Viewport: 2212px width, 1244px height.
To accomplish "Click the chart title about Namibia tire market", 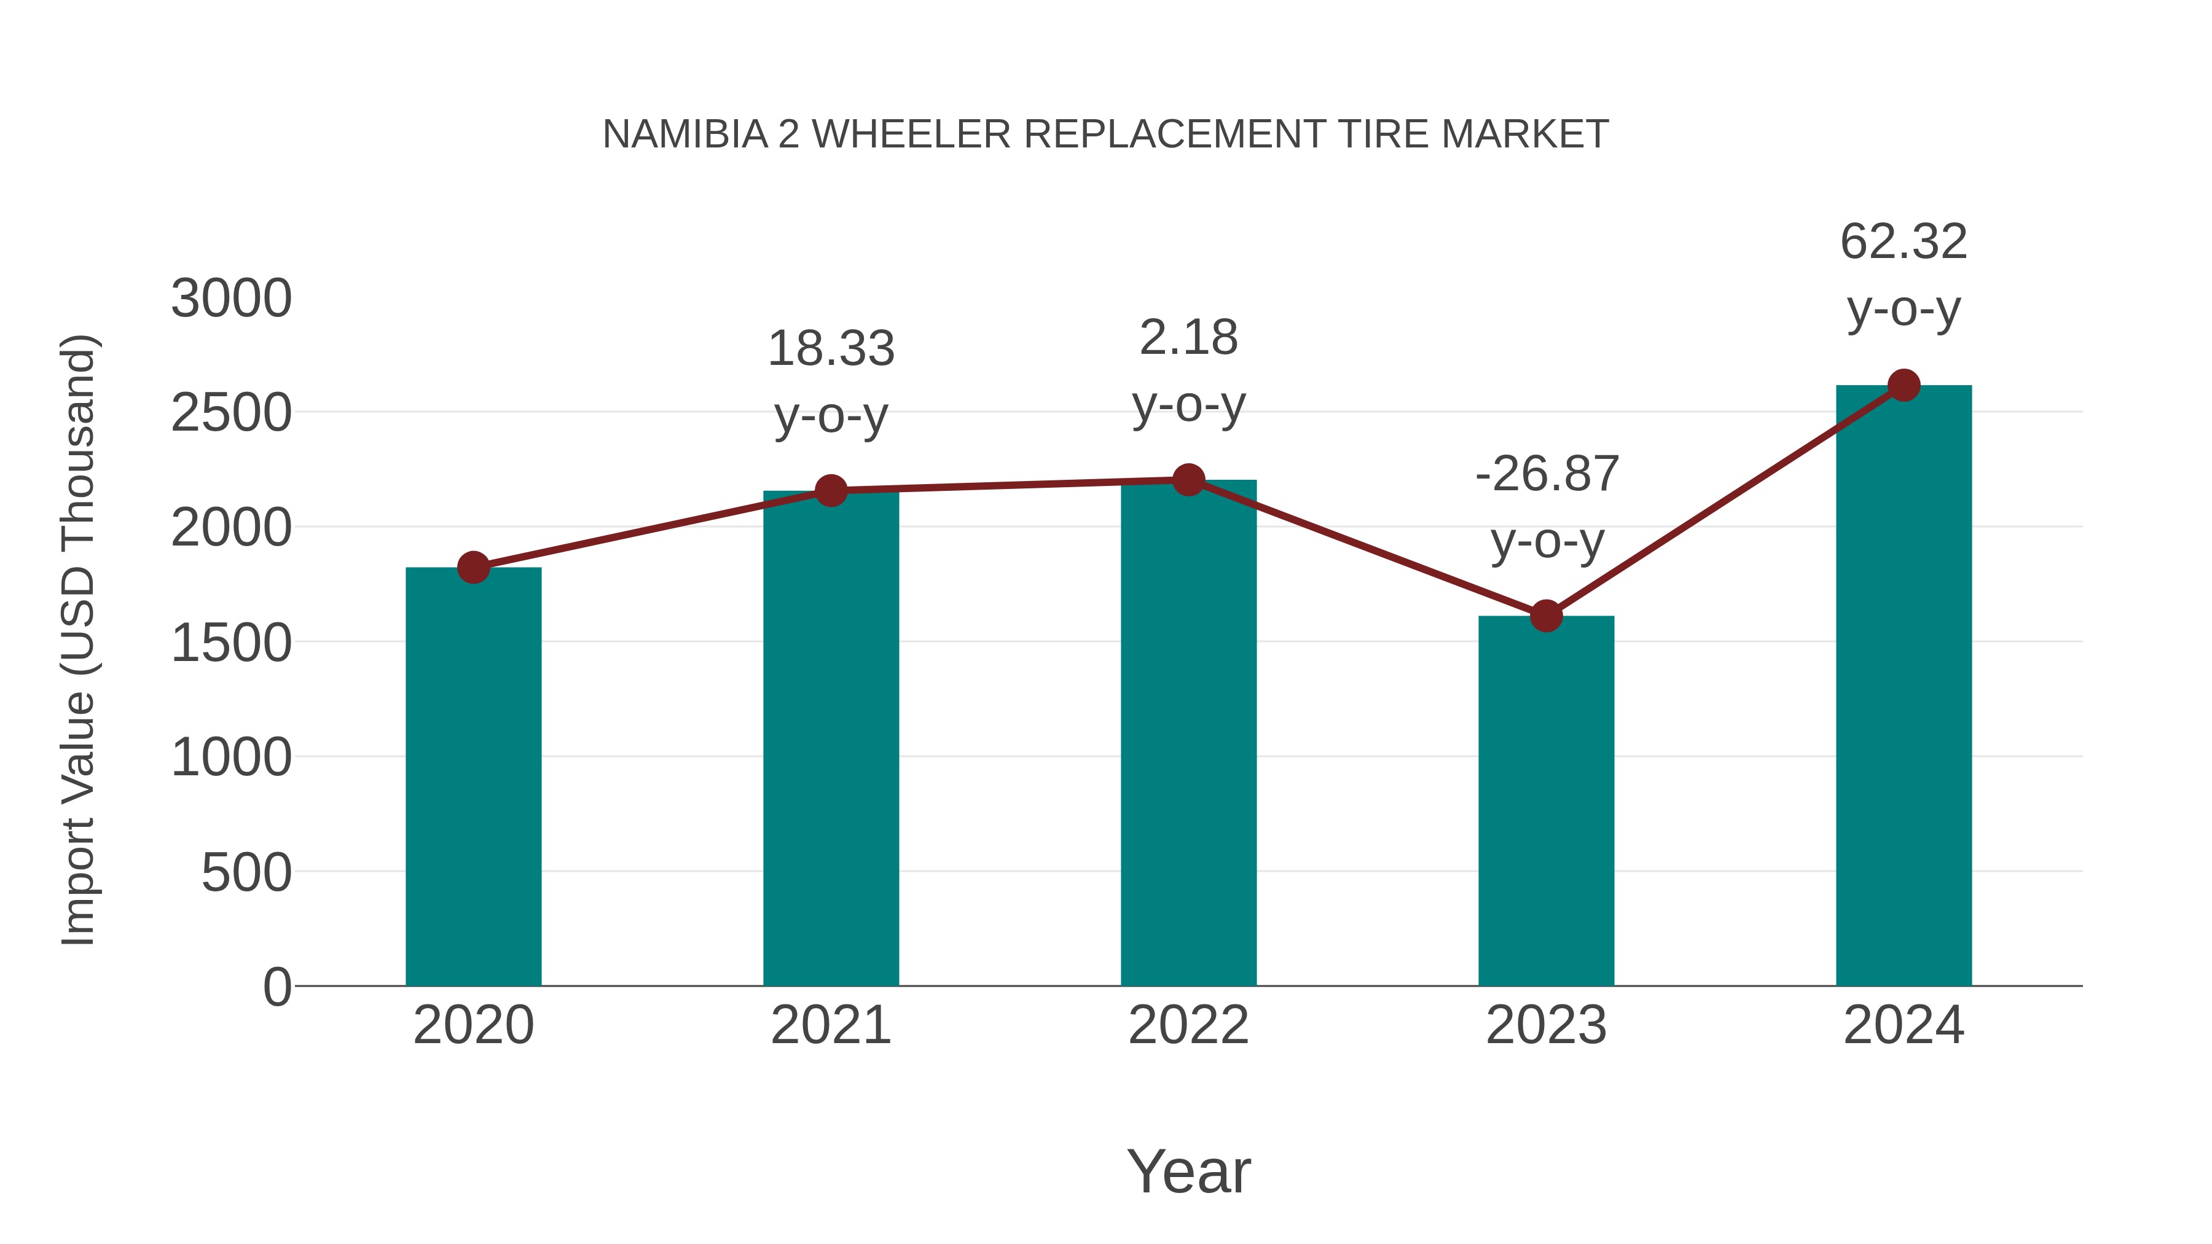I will pos(1105,135).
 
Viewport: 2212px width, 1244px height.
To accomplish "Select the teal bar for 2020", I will pos(473,777).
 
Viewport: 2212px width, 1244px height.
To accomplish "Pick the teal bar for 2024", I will pos(1904,687).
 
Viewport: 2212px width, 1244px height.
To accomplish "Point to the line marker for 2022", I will pos(1188,480).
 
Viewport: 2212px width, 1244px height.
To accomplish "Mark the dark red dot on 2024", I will pos(1904,385).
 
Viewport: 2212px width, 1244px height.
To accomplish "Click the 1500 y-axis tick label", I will pos(232,643).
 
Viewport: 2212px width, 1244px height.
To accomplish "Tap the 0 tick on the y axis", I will pos(276,987).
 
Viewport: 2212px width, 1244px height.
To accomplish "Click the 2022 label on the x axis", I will pos(1188,1025).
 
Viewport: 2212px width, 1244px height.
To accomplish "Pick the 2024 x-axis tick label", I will pos(1904,1025).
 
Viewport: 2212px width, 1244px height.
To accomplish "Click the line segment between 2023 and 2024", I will pos(1724,501).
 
